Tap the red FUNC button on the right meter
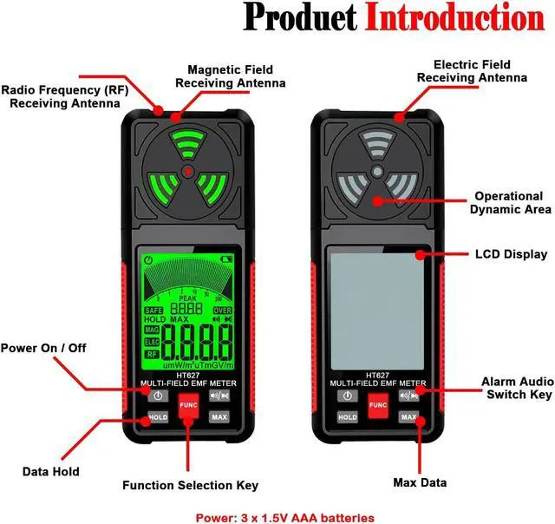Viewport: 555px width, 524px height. [x=377, y=405]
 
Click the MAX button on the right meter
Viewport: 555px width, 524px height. [x=408, y=416]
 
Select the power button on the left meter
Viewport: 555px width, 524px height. [x=157, y=396]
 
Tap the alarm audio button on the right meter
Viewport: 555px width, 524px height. [x=408, y=396]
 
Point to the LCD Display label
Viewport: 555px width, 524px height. [x=511, y=254]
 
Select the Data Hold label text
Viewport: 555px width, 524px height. [x=50, y=472]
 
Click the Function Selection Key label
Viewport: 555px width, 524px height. [x=190, y=485]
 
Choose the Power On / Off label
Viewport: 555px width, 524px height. [x=42, y=348]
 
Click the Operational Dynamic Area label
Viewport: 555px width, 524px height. [x=510, y=203]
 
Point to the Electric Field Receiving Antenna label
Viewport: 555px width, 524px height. [x=472, y=71]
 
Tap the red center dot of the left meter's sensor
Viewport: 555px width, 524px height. [x=188, y=174]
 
